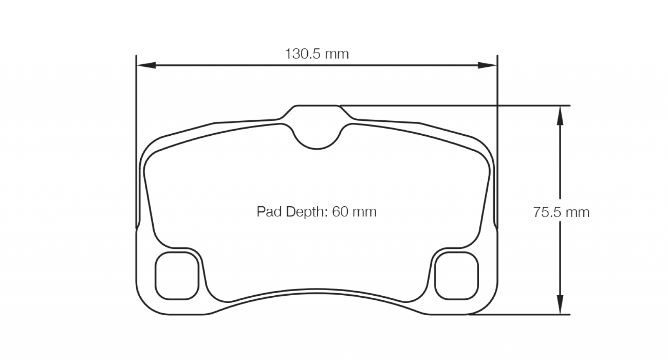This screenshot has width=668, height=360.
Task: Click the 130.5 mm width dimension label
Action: tap(317, 54)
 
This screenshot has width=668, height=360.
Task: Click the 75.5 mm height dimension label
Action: tap(561, 212)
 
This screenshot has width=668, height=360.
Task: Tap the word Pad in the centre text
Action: tap(269, 212)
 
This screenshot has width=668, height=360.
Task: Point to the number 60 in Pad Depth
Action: tap(340, 212)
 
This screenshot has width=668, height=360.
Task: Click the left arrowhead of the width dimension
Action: tap(146, 65)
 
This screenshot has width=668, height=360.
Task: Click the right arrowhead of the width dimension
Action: tap(487, 65)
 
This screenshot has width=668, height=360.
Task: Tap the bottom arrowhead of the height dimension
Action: tap(560, 304)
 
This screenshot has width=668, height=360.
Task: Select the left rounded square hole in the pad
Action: tap(177, 276)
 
